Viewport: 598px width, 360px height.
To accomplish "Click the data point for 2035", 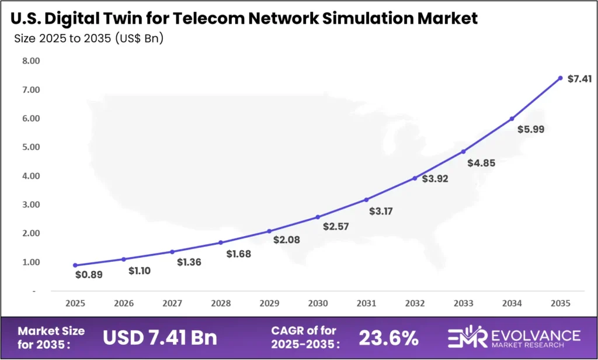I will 560,78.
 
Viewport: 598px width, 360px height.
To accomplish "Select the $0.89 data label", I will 89,274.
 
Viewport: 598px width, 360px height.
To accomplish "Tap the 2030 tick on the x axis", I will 318,304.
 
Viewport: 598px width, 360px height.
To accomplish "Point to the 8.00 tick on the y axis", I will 30,61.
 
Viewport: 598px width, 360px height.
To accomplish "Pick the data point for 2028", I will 221,243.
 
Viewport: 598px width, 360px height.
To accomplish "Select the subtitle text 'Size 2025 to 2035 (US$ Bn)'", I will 88,39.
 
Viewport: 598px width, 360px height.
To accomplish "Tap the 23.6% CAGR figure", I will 388,337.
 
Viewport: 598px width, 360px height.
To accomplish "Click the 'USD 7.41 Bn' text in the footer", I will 159,337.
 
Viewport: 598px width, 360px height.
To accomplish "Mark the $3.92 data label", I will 435,178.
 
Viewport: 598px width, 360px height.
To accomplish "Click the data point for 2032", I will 415,178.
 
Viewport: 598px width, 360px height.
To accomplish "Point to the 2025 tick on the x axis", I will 75,304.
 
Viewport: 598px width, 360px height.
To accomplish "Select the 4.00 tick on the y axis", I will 30,176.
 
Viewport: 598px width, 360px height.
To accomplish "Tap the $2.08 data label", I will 286,240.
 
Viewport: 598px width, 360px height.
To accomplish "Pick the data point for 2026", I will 123,259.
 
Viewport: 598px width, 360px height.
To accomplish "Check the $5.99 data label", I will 531,129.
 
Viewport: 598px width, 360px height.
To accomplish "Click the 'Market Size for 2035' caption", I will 51,337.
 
